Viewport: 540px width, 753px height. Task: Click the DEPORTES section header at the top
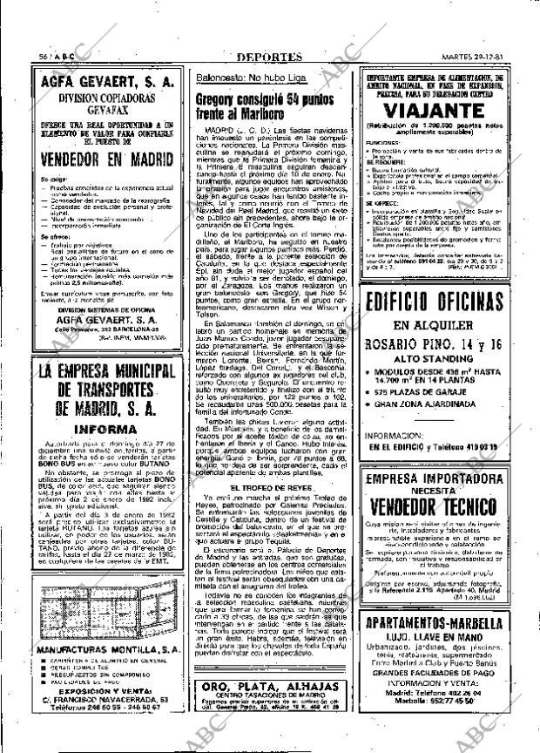tap(269, 57)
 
